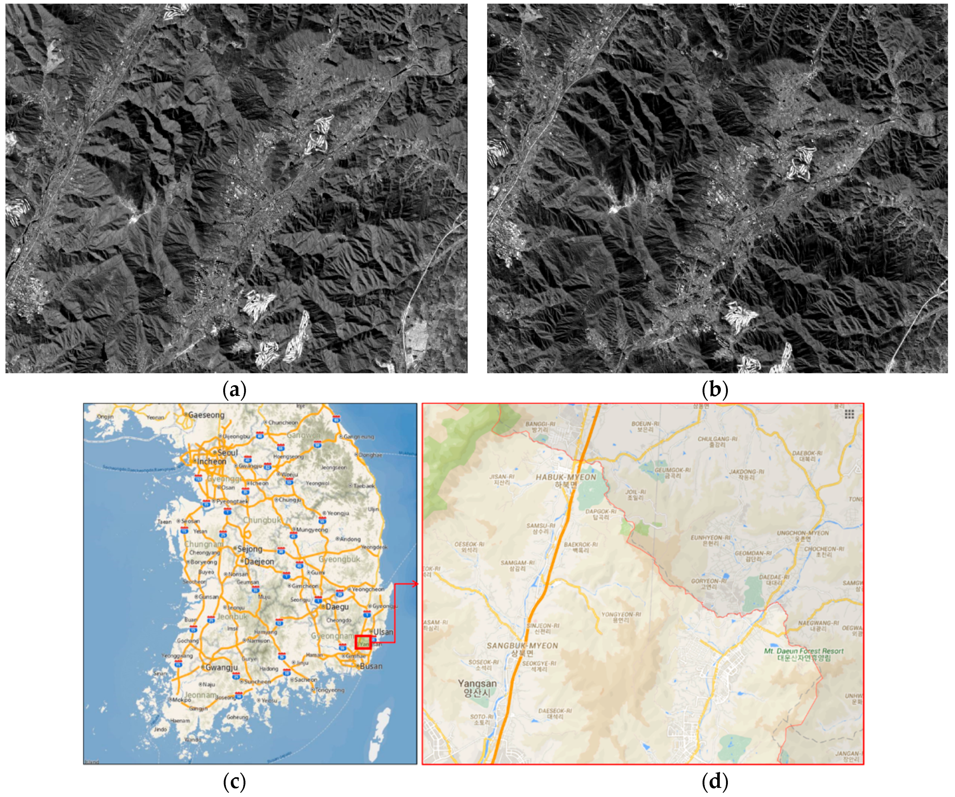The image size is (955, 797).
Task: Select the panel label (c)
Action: point(235,782)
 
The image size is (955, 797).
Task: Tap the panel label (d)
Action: point(715,782)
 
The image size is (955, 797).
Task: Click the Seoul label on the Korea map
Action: point(227,453)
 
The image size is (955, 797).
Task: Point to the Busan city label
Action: point(371,666)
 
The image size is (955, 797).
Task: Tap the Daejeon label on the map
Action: point(259,562)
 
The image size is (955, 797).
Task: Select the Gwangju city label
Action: point(221,668)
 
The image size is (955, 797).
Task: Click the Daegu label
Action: point(337,607)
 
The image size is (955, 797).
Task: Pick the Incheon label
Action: point(212,461)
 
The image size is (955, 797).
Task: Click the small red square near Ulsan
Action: point(363,642)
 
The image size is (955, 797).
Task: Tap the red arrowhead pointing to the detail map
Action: point(415,584)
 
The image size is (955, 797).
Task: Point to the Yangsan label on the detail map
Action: point(477,685)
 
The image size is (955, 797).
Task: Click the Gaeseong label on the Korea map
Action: point(206,415)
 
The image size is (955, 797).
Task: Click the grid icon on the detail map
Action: point(849,414)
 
